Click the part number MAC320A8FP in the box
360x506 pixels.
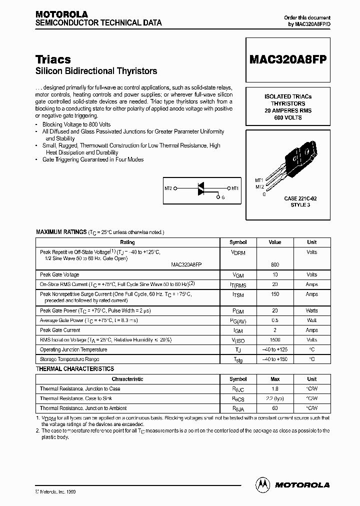287,59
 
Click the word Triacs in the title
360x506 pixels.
53,59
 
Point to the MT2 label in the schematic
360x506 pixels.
168,188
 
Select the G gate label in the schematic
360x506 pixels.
223,198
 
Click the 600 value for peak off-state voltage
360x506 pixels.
274,264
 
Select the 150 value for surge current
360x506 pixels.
274,294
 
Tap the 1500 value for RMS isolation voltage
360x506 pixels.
274,340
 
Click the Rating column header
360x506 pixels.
127,242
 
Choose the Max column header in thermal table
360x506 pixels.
274,379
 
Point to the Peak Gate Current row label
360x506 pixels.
60,330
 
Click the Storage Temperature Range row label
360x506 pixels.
69,359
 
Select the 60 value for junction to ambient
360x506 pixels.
274,408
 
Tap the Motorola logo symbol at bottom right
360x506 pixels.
262,484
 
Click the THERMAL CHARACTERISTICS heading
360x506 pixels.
75,369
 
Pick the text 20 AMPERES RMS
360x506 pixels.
287,110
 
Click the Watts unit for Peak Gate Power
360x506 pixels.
311,310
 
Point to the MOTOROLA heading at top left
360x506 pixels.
61,14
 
